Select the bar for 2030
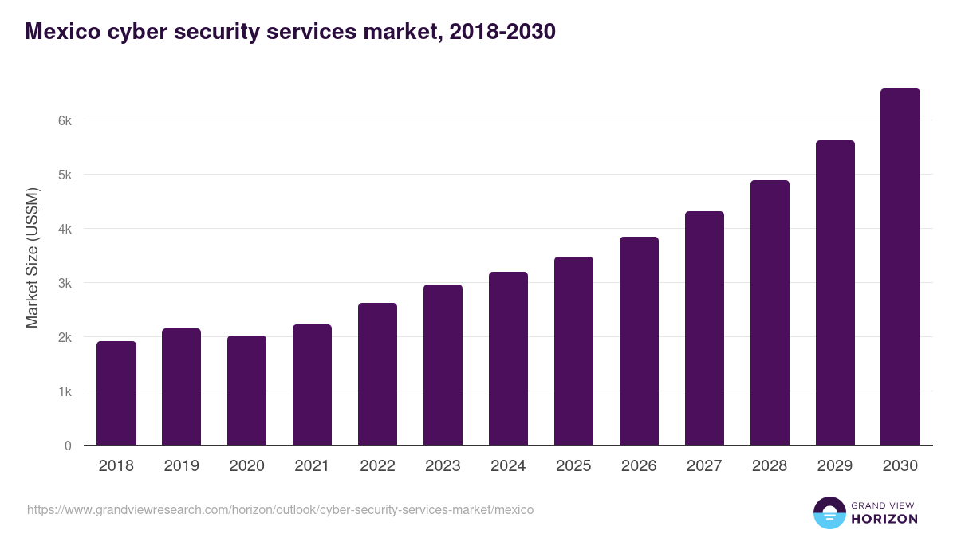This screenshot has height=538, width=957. [x=900, y=267]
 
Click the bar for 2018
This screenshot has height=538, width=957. [x=116, y=393]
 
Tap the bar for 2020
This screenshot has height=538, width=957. [x=247, y=391]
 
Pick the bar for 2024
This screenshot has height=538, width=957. [x=508, y=359]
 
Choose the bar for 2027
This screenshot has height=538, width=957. [x=704, y=328]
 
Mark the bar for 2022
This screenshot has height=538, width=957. [x=377, y=374]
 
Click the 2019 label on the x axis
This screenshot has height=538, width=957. [x=182, y=466]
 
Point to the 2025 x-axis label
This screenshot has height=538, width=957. [x=573, y=466]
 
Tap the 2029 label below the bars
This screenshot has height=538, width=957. [x=835, y=466]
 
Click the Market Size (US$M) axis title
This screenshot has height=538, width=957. [x=32, y=257]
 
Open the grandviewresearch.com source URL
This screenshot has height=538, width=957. [x=280, y=509]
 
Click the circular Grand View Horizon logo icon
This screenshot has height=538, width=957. [x=829, y=512]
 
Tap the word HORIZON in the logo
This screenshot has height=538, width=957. [x=885, y=519]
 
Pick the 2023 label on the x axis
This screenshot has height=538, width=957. [x=443, y=466]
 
